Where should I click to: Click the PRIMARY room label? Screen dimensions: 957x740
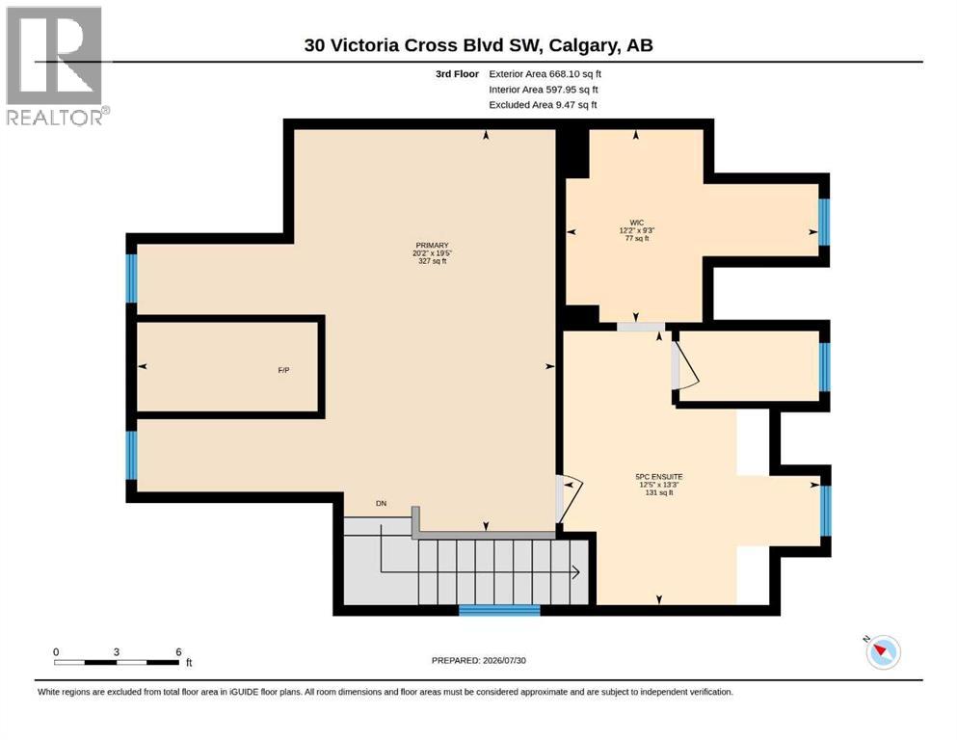432,246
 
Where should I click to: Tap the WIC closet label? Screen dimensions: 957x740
637,223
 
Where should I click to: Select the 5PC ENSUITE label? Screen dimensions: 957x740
658,476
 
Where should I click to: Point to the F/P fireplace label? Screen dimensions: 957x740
283,370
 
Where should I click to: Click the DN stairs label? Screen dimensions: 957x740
381,503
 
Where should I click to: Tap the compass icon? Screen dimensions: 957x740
883,651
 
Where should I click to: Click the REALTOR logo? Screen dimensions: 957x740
55,66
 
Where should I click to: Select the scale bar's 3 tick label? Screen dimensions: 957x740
116,651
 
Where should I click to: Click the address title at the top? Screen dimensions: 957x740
478,45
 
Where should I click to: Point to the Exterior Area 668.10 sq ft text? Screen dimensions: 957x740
545,74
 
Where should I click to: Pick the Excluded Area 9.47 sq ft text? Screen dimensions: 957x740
543,105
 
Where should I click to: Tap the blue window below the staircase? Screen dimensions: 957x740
499,610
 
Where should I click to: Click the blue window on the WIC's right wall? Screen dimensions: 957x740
824,222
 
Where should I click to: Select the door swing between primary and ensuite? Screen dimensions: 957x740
570,498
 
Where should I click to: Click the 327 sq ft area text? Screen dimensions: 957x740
432,261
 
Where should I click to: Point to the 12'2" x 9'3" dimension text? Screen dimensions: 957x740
637,230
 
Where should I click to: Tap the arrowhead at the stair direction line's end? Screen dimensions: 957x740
575,572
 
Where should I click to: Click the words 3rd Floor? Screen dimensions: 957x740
457,74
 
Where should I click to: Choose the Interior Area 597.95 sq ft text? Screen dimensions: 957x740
544,90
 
